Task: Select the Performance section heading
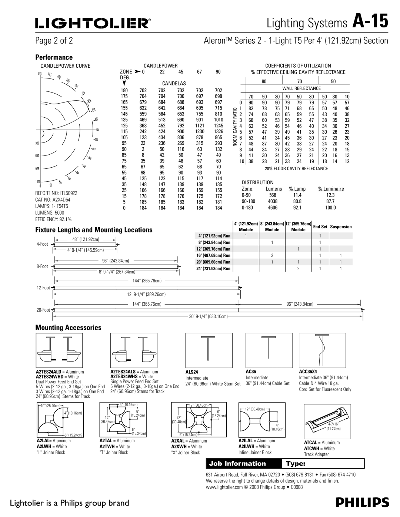54,57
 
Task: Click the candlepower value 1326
218,131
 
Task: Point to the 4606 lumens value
273,208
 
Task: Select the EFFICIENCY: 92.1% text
53,219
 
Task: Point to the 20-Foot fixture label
43,309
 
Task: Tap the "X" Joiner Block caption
185,453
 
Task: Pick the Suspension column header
341,226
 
